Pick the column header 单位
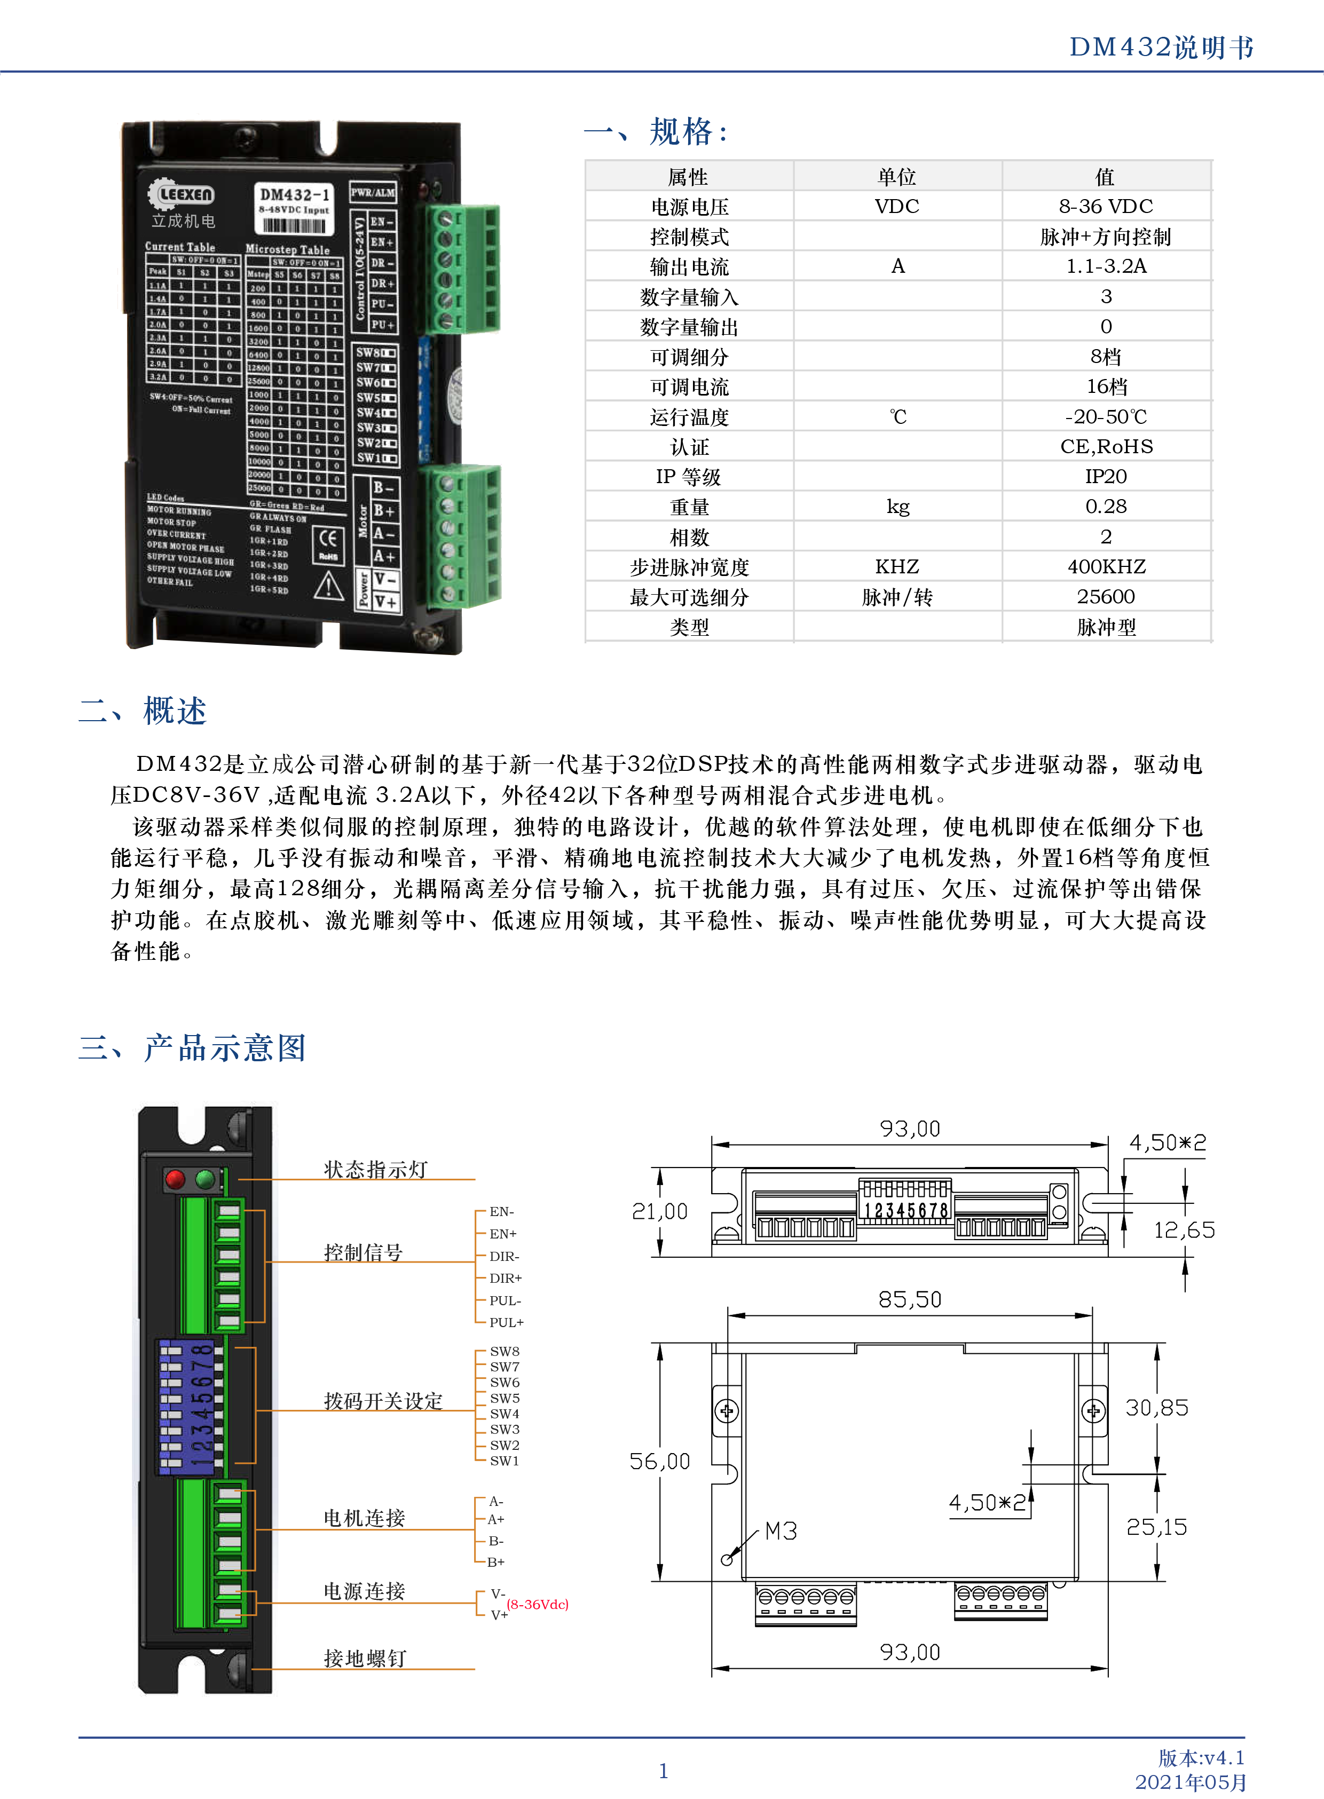click(897, 176)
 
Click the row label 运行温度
click(689, 417)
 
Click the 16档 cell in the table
click(1106, 387)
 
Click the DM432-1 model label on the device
click(294, 195)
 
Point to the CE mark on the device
click(328, 539)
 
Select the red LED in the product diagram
click(175, 1179)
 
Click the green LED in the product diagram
click(205, 1179)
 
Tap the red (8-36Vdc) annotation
click(537, 1604)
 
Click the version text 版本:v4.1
click(1201, 1757)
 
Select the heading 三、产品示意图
click(192, 1047)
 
